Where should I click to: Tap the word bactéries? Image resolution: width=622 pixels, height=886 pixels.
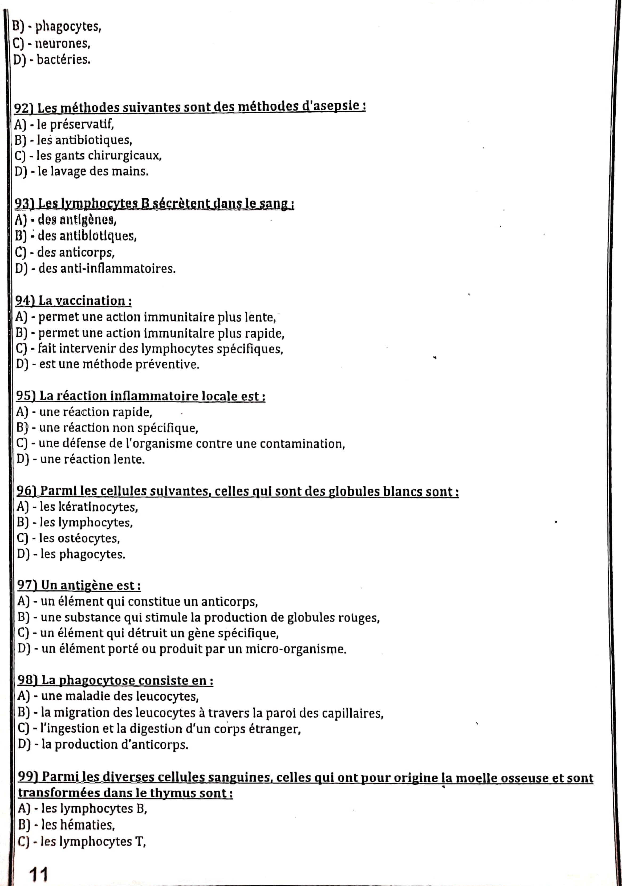click(x=63, y=60)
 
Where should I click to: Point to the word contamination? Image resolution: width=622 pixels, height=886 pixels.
click(x=302, y=444)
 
